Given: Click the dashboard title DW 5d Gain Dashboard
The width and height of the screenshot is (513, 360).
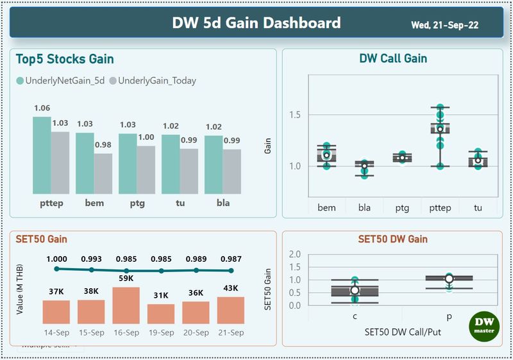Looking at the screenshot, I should tap(256, 24).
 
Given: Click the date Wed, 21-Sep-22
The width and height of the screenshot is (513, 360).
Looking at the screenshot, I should tap(444, 26).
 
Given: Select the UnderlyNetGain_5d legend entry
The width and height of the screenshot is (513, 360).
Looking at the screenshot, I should tap(61, 81).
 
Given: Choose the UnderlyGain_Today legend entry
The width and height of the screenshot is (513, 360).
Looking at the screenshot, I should tap(153, 81).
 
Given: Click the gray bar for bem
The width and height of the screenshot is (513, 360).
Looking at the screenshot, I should tap(103, 173).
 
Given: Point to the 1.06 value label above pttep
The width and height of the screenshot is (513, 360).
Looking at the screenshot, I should tap(42, 108).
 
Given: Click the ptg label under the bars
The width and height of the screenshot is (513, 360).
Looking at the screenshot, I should tap(128, 203).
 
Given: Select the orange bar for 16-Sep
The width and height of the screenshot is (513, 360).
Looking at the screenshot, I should tap(126, 305).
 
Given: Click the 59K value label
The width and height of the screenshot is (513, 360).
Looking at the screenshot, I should tap(126, 279).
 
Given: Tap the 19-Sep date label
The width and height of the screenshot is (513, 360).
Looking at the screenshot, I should tap(161, 332).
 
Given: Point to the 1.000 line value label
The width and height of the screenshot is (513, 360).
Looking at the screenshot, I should tap(56, 259).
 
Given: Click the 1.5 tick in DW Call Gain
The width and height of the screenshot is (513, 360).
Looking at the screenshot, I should tap(296, 115).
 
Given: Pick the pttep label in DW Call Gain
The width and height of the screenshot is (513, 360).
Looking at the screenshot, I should tap(439, 207).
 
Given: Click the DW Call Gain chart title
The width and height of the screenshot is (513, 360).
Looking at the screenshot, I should tap(393, 59).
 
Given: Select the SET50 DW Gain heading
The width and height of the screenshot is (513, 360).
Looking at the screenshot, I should tap(393, 239).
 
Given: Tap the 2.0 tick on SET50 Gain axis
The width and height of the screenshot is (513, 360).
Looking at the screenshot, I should tap(295, 254).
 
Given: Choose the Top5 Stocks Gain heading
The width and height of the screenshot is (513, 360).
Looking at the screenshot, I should tap(65, 60).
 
